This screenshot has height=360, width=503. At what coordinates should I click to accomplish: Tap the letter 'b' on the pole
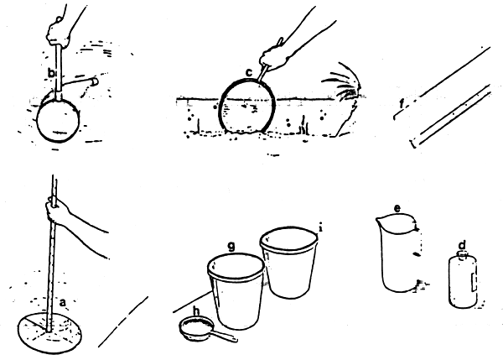(51, 76)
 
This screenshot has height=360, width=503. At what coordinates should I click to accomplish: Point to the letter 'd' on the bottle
(462, 247)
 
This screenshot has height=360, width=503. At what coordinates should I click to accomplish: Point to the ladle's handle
(226, 337)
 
